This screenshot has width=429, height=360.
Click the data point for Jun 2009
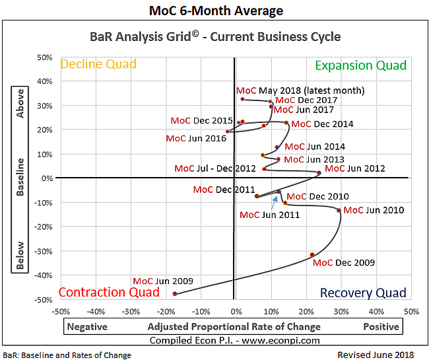tap(175, 293)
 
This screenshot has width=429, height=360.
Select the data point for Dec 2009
tap(312, 255)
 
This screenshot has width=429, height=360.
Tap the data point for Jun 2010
tap(339, 211)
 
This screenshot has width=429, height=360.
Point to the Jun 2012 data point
tap(319, 173)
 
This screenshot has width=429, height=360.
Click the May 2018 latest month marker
tap(243, 99)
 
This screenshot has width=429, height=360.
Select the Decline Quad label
tap(98, 64)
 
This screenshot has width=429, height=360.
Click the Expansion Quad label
tap(361, 65)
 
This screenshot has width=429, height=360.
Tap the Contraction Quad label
tap(109, 292)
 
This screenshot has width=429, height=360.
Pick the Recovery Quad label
tap(363, 293)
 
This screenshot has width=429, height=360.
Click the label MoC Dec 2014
tap(322, 124)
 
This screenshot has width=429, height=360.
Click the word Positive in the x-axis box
tap(381, 326)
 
